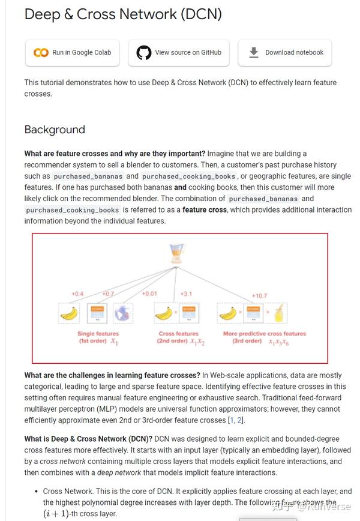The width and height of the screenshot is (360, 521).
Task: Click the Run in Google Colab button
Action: tap(72, 53)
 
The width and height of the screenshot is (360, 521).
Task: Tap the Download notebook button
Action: tap(285, 53)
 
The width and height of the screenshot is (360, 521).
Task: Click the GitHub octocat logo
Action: tap(144, 53)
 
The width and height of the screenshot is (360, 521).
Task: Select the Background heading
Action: tap(55, 130)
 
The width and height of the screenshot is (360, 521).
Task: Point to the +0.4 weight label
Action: tap(77, 294)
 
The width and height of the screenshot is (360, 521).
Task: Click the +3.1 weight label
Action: tap(187, 294)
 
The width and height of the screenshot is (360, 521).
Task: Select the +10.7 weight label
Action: tap(260, 295)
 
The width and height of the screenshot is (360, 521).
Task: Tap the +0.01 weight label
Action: tap(149, 294)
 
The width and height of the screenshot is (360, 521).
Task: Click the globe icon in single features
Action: tap(123, 313)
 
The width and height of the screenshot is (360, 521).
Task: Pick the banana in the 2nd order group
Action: tap(163, 313)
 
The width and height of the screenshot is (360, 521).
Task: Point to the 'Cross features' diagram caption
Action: tap(178, 334)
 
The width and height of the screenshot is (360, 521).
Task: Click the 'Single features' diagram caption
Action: tap(98, 334)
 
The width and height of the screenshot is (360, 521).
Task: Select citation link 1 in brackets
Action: tap(232, 420)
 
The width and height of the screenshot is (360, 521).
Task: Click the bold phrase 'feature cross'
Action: tap(205, 210)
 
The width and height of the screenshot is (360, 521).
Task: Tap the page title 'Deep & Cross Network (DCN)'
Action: tap(123, 14)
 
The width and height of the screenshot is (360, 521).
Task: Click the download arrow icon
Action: tap(254, 53)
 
